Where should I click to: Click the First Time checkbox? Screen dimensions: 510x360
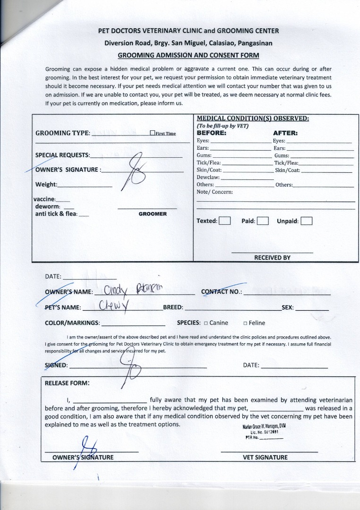(152, 133)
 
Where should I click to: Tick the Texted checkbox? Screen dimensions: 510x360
(225, 221)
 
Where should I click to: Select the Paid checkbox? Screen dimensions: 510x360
(263, 221)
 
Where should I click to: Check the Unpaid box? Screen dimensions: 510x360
(307, 221)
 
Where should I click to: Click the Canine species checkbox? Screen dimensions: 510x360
(206, 323)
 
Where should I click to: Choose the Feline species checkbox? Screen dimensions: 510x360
(245, 323)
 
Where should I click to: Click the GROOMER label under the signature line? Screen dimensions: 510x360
(153, 214)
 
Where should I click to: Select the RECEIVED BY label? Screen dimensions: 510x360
(272, 258)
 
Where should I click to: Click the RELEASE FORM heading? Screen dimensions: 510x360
(67, 383)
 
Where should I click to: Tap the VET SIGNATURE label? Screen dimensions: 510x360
(265, 457)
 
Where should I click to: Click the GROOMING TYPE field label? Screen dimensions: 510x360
(63, 133)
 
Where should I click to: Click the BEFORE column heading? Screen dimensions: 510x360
(211, 133)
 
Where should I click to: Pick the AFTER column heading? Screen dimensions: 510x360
(285, 133)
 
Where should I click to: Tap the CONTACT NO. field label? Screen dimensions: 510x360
(222, 292)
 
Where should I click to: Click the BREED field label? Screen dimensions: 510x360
(173, 307)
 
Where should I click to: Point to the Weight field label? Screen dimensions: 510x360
(46, 184)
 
